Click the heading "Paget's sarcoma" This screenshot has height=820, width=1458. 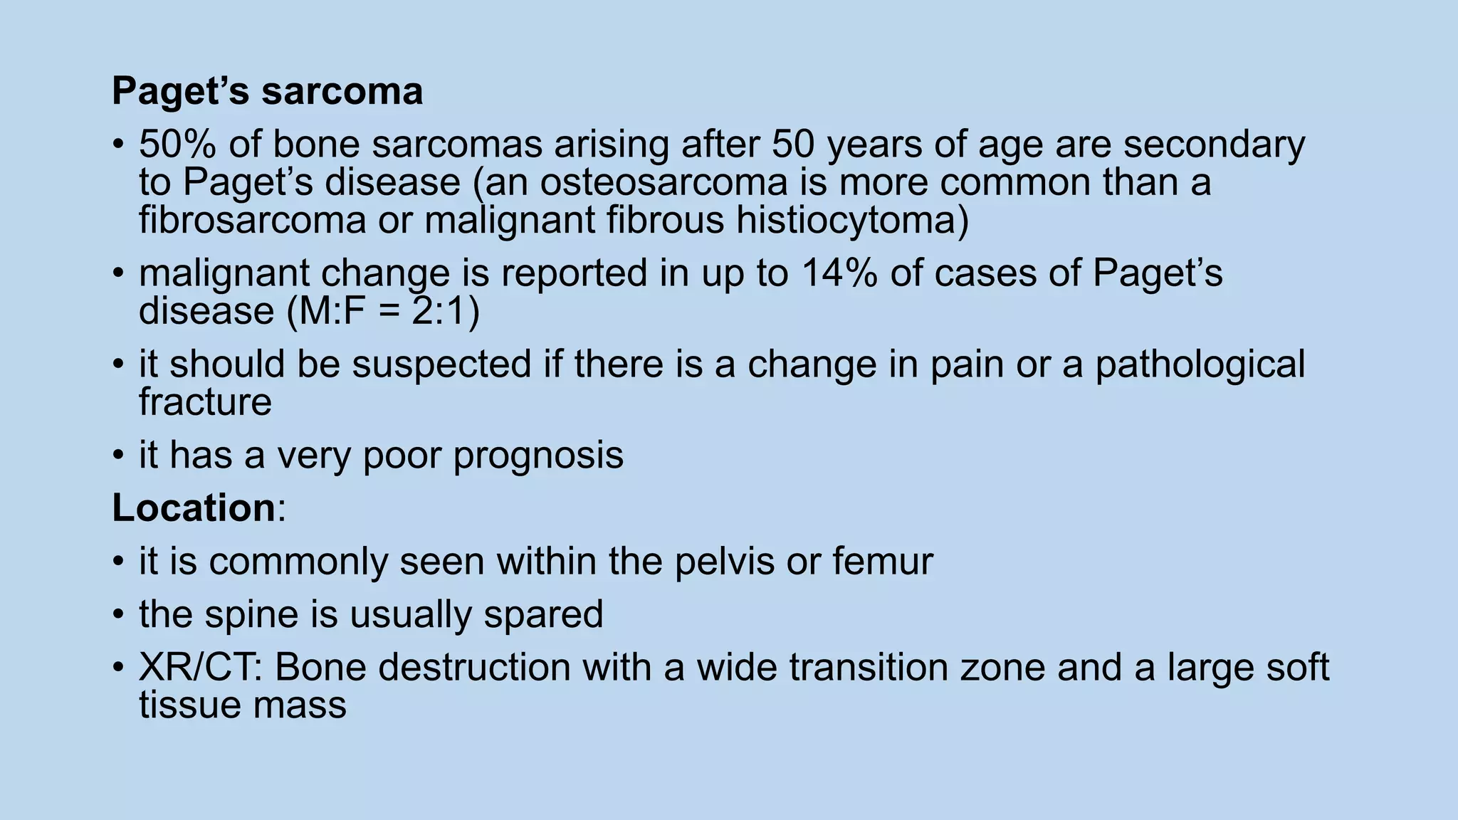click(x=267, y=92)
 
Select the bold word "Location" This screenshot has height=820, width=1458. click(x=194, y=508)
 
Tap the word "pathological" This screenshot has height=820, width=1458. click(x=1200, y=364)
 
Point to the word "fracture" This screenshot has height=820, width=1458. click(x=205, y=402)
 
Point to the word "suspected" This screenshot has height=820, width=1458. click(x=442, y=364)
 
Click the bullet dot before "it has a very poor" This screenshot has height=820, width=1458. click(x=118, y=456)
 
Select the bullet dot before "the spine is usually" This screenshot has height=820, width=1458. click(x=118, y=614)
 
